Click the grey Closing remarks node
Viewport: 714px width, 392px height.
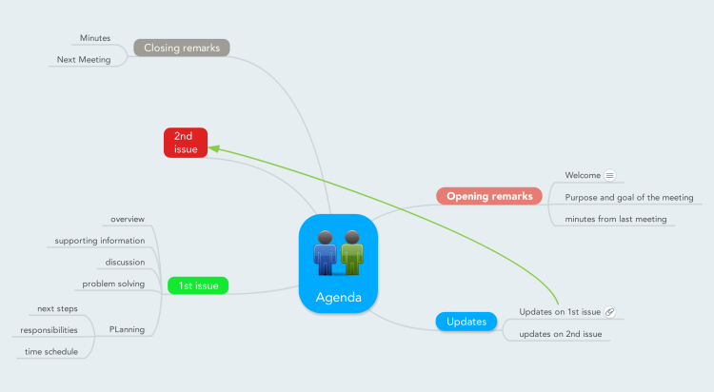pyautogui.click(x=182, y=48)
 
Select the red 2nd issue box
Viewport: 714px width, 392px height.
pyautogui.click(x=186, y=143)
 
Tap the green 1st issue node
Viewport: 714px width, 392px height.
pyautogui.click(x=198, y=285)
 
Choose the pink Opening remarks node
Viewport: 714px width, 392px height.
pyautogui.click(x=489, y=196)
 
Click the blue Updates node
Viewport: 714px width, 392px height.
pyautogui.click(x=466, y=322)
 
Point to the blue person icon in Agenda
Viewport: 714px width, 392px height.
pyautogui.click(x=325, y=253)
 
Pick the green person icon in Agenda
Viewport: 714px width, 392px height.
pyautogui.click(x=352, y=253)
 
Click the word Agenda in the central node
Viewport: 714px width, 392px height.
pyautogui.click(x=338, y=297)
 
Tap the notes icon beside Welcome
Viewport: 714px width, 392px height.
pyautogui.click(x=609, y=175)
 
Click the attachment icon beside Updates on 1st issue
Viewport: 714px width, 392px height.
pyautogui.click(x=609, y=312)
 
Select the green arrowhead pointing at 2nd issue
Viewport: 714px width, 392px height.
pyautogui.click(x=214, y=148)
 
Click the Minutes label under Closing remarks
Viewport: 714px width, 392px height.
pyautogui.click(x=95, y=38)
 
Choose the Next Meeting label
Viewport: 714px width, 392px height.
pyautogui.click(x=84, y=60)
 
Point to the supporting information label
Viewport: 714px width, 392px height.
pyautogui.click(x=100, y=241)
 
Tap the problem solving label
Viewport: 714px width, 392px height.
pyautogui.click(x=113, y=284)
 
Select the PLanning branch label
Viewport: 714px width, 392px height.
pyautogui.click(x=127, y=329)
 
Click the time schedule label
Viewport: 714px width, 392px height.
pyautogui.click(x=51, y=351)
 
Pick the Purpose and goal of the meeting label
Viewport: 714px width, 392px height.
pyautogui.click(x=629, y=198)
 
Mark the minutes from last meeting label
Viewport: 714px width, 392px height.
pyautogui.click(x=616, y=219)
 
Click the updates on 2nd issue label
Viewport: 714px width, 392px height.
pyautogui.click(x=561, y=334)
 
